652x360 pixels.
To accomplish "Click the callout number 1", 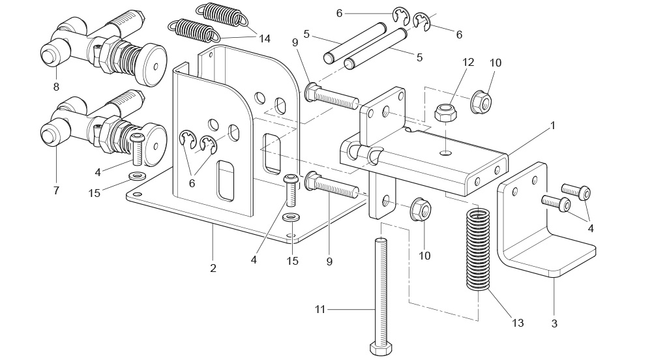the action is [553, 125].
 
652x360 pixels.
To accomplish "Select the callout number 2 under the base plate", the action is [213, 269].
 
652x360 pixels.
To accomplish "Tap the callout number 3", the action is [554, 323].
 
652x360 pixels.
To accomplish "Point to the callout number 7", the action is [56, 190].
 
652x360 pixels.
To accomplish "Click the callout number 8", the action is [56, 87].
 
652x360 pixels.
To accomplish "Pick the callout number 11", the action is [319, 310].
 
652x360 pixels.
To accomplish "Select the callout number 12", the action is [467, 63].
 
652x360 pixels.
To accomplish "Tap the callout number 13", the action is [518, 323].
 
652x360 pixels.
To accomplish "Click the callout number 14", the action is [265, 38].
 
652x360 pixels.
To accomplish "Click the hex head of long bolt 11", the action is [381, 348].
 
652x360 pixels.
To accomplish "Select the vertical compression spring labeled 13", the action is [478, 249].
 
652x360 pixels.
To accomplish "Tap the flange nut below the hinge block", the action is [421, 209].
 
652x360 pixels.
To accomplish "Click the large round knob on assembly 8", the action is [150, 65].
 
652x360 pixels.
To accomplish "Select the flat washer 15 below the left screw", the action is [136, 177].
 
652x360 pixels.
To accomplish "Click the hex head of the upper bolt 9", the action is [310, 92].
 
